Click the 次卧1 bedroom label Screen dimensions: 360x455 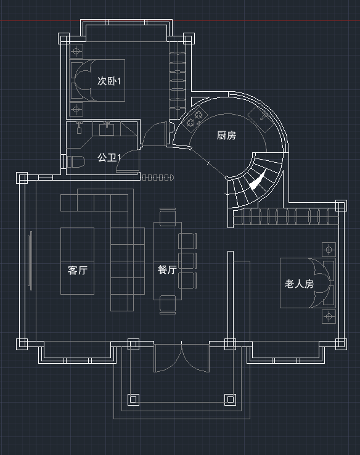tap(108, 81)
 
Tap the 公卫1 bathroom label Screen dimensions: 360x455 tap(108, 158)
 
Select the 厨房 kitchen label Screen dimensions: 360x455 tap(226, 135)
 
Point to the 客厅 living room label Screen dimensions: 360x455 tap(78, 270)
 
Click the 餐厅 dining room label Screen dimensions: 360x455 tap(168, 269)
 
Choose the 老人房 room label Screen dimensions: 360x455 tap(299, 284)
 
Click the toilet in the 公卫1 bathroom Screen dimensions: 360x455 tap(76, 162)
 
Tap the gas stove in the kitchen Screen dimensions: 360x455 tap(194, 119)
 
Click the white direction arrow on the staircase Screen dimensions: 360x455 tap(257, 181)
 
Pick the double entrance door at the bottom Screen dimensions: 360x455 tap(182, 358)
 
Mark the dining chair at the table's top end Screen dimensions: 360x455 tap(168, 217)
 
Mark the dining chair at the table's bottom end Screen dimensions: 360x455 tap(168, 305)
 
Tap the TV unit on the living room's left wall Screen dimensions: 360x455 tap(30, 261)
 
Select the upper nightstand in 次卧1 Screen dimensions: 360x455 tap(76, 51)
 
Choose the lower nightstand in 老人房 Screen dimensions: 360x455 tap(329, 316)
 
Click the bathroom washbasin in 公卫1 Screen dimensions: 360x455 tap(107, 129)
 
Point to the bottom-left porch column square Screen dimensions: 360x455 tap(133, 400)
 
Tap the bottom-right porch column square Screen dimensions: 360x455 tap(230, 400)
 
